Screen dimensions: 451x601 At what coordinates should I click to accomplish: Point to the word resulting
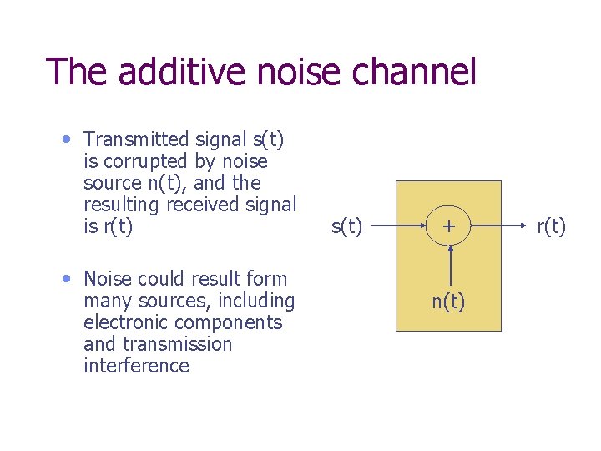(121, 205)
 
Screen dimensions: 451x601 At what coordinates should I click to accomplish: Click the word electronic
(129, 322)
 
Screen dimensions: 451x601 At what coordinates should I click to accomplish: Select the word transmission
(177, 344)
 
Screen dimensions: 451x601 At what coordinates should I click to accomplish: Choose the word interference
(136, 366)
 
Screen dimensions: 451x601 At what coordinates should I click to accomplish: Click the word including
(256, 301)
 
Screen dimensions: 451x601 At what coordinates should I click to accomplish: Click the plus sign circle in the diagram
(450, 226)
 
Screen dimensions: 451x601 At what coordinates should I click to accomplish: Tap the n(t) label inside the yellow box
(448, 302)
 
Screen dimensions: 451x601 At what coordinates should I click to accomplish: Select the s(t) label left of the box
(346, 226)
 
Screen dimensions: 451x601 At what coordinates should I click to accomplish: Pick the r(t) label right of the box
(551, 226)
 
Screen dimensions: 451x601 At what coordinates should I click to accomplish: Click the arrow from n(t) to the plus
(450, 267)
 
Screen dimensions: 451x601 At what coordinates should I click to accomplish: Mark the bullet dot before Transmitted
(65, 137)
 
